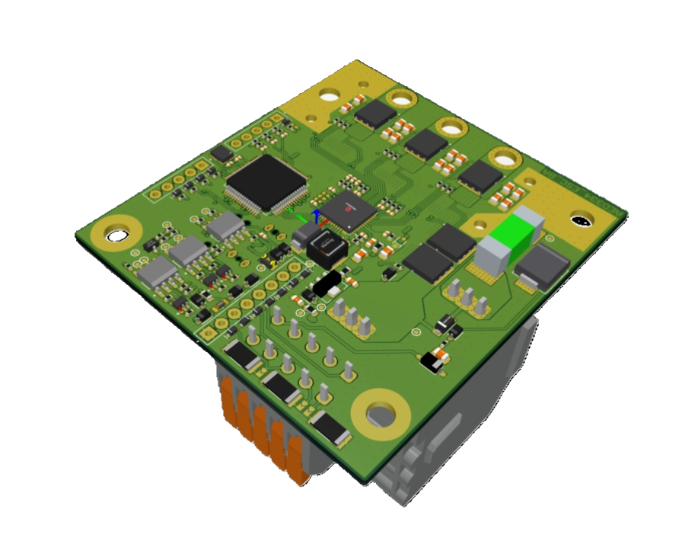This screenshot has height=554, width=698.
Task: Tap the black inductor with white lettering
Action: point(325,248)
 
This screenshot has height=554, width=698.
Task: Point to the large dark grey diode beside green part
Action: point(542,267)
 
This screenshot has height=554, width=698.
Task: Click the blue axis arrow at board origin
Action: point(315,215)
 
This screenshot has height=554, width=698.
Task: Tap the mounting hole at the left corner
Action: point(117,235)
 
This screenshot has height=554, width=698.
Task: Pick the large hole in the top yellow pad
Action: point(330,96)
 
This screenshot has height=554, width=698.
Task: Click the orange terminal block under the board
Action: point(266,434)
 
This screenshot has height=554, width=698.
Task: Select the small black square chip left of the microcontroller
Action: point(222,154)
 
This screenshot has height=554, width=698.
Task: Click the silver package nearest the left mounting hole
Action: point(158,271)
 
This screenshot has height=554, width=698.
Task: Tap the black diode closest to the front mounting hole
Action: point(330,426)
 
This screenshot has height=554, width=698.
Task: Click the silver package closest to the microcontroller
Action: point(224,225)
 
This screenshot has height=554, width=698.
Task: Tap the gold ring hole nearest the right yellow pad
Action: point(505,159)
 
